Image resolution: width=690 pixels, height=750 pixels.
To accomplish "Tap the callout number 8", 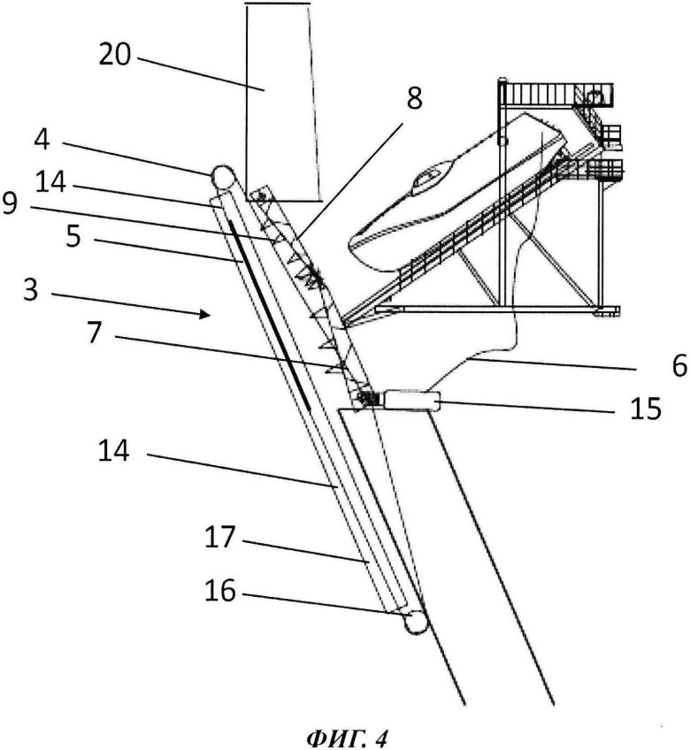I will coord(414,100).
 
